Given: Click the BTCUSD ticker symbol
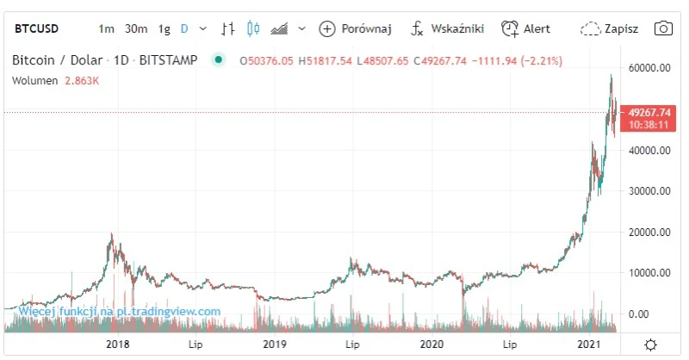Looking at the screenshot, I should [36, 28].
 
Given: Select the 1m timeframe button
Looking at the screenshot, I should [106, 28].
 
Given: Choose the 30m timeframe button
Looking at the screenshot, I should [136, 28].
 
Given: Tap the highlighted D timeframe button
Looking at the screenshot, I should [184, 28].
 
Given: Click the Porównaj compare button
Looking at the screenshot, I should [356, 28].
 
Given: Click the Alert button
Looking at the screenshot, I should [526, 28].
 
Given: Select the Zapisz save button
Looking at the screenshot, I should [610, 28].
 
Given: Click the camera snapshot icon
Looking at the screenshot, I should [663, 28].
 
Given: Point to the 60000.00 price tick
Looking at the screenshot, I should [650, 67].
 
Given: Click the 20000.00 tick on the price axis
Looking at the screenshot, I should [650, 232].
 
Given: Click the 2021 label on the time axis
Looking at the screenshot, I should [588, 344].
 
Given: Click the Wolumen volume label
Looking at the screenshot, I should [35, 80].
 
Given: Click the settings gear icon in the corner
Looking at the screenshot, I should [650, 344].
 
